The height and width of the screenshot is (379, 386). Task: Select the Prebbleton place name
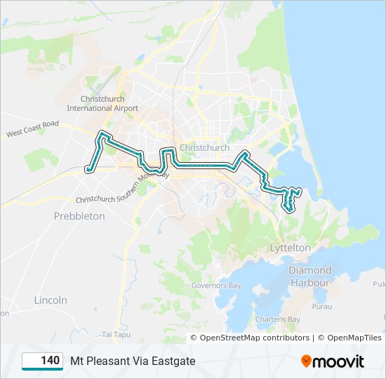tap(79, 216)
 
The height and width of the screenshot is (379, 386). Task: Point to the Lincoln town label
tap(51, 300)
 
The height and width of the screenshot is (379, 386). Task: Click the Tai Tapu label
tap(116, 333)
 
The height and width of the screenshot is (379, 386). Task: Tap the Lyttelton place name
tap(290, 248)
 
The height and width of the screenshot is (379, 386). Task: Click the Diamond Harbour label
tap(310, 277)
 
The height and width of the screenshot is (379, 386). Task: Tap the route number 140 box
tap(44, 361)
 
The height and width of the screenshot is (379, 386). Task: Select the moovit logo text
tap(338, 361)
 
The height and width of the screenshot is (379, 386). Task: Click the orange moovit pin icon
tap(306, 361)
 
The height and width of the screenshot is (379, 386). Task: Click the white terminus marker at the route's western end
tap(88, 168)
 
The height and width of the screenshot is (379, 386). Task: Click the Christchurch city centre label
tap(204, 148)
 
